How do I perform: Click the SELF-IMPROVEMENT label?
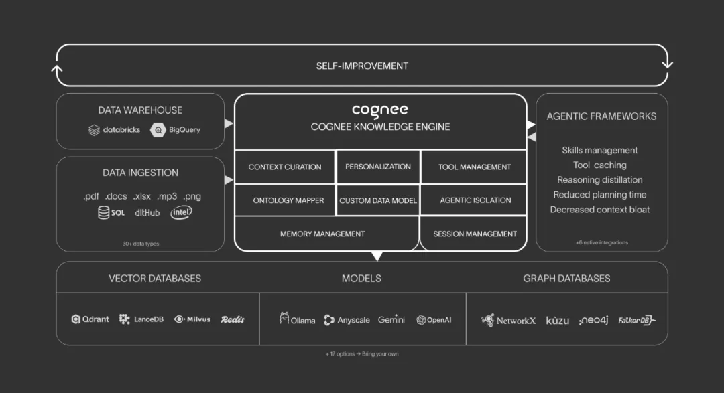click(362, 66)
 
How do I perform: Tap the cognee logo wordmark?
click(380, 110)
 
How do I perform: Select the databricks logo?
click(115, 130)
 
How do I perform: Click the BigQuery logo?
click(176, 130)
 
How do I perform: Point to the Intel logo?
click(181, 212)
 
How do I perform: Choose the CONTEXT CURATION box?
click(285, 167)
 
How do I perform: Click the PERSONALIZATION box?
click(378, 167)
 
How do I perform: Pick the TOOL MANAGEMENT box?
click(475, 167)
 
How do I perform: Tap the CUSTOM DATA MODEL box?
click(378, 200)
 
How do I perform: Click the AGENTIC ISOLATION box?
click(475, 200)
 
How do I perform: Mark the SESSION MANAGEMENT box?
click(475, 234)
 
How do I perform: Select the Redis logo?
click(233, 319)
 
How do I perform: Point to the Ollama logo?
click(298, 319)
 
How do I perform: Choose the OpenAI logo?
click(434, 320)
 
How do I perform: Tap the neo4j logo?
click(593, 320)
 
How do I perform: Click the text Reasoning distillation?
click(600, 179)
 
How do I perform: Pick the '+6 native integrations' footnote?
click(601, 242)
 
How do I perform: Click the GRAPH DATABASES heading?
click(566, 278)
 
